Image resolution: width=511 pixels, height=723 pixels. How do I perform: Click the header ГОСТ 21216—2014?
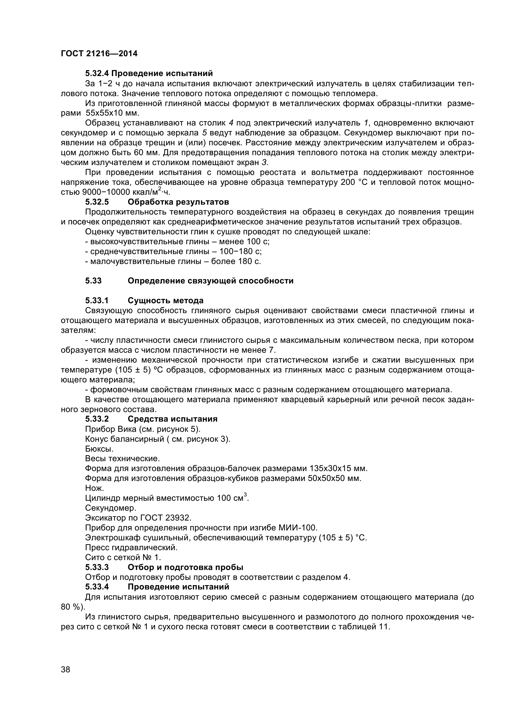tap(99, 53)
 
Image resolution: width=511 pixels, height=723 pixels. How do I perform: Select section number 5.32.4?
tap(97, 73)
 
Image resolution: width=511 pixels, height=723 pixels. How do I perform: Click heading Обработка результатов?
tap(178, 202)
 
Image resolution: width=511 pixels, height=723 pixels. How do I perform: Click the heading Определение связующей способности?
tap(210, 281)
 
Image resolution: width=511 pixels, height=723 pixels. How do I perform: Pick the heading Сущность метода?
tap(166, 301)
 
